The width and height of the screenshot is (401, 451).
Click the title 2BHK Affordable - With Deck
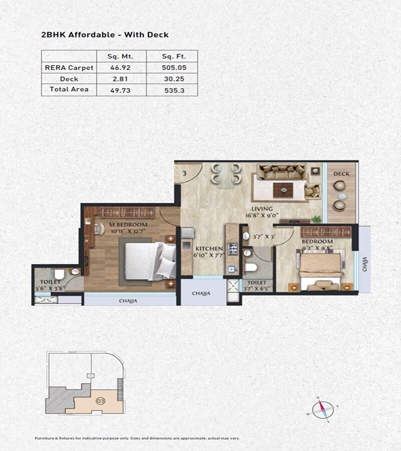click(x=104, y=35)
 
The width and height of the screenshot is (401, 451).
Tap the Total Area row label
click(x=69, y=89)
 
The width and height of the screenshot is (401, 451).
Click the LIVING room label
click(x=262, y=208)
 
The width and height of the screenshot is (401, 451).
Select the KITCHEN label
click(x=209, y=249)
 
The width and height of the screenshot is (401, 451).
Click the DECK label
click(x=341, y=174)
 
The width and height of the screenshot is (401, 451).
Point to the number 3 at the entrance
click(x=184, y=173)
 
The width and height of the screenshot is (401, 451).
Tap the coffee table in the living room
click(x=283, y=189)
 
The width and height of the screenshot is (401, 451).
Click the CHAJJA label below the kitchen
click(x=200, y=293)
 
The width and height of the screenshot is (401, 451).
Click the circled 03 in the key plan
click(x=100, y=401)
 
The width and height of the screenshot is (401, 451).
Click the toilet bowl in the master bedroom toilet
click(x=59, y=275)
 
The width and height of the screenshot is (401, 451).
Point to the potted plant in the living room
click(x=316, y=218)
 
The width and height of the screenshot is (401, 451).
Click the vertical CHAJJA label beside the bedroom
click(x=364, y=264)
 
